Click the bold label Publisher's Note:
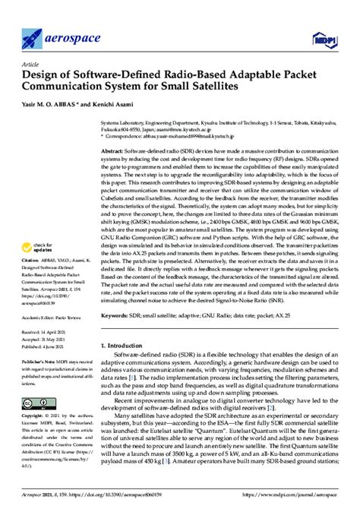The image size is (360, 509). (38, 363)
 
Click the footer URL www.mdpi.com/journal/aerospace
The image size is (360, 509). (292, 493)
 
